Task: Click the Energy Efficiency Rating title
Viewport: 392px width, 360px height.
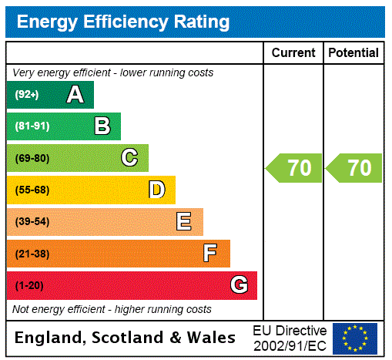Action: (123, 22)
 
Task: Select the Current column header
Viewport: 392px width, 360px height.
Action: (293, 53)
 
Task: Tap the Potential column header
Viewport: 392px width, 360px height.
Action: (353, 53)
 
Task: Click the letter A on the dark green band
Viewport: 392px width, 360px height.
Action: (75, 95)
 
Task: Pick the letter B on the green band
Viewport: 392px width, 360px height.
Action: (102, 126)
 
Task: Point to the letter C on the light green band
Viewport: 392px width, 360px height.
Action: (129, 158)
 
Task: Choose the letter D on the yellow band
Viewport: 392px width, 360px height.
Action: (156, 190)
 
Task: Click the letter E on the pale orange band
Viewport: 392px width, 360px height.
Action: (184, 222)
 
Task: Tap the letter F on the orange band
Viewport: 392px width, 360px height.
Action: (210, 254)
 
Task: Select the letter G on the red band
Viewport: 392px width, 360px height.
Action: (239, 285)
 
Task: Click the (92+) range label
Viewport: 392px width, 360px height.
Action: (27, 95)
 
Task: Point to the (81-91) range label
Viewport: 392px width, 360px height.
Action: (32, 126)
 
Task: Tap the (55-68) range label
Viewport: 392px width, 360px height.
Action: (32, 190)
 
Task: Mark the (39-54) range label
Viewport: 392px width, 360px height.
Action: (32, 222)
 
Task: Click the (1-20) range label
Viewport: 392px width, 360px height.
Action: (29, 285)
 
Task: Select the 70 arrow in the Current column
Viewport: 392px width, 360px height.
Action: (294, 168)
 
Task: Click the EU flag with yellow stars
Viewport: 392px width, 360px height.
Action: (355, 338)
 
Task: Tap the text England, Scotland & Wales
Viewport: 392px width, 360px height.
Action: (126, 338)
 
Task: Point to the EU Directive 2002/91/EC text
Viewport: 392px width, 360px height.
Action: (290, 338)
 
